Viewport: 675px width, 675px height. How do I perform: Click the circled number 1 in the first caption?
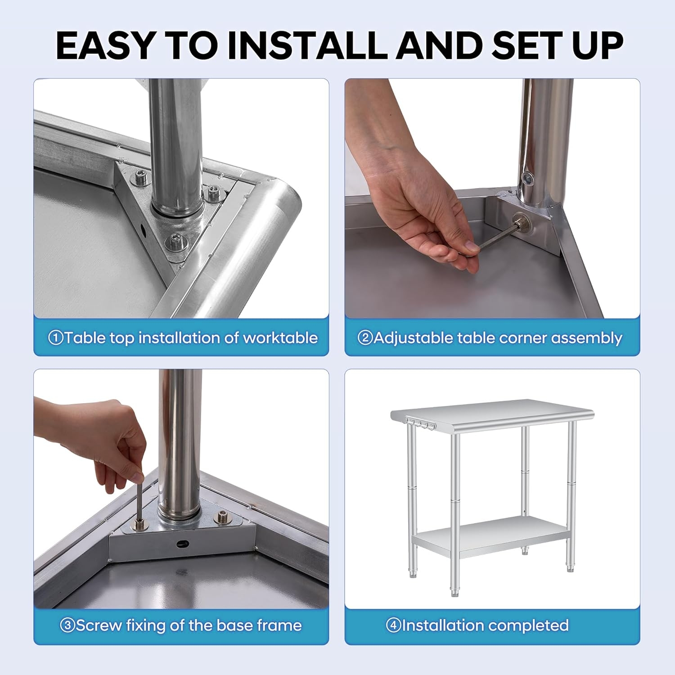pyautogui.click(x=55, y=337)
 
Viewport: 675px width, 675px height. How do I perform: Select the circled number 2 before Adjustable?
pyautogui.click(x=365, y=337)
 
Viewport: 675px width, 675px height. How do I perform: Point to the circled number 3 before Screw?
pyautogui.click(x=67, y=625)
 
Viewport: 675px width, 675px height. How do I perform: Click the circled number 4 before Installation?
pyautogui.click(x=394, y=625)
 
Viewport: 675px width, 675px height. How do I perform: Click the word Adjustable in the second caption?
pyautogui.click(x=413, y=338)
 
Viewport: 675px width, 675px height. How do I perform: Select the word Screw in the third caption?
pyautogui.click(x=99, y=625)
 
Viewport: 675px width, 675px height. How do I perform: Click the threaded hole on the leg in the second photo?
pyautogui.click(x=526, y=177)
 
